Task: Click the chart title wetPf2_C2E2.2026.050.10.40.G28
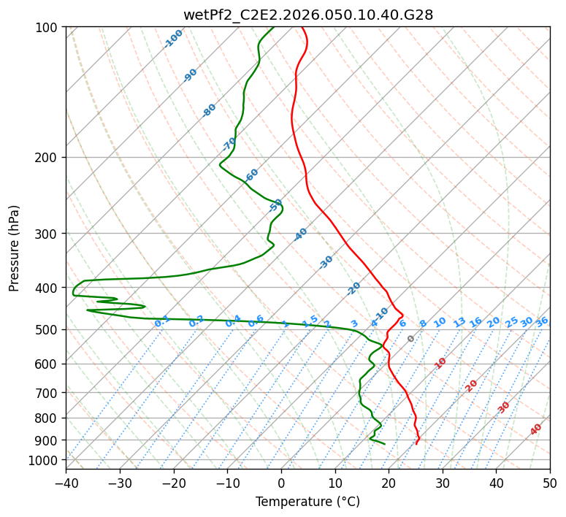[x=307, y=15]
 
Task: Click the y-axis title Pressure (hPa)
[x=15, y=248]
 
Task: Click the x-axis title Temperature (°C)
[x=307, y=502]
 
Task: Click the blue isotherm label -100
[x=173, y=39]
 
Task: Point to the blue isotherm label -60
[x=252, y=175]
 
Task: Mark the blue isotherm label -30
[x=326, y=262]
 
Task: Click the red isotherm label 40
[x=536, y=429]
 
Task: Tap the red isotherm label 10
[x=440, y=363]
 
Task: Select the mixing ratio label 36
[x=542, y=322]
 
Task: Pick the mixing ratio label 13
[x=459, y=322]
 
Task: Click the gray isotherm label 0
[x=411, y=339]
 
